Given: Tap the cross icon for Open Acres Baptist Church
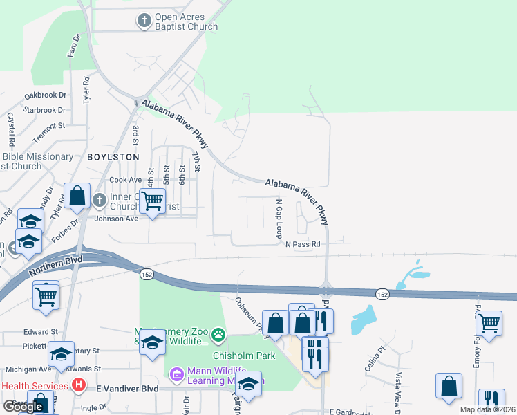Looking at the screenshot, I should click(144, 21).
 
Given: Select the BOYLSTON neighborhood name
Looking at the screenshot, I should click(113, 158).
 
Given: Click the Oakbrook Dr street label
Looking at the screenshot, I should click(45, 95).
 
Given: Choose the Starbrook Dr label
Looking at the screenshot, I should click(44, 110).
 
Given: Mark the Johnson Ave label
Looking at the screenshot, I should click(116, 219).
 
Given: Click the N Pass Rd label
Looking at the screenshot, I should click(303, 244).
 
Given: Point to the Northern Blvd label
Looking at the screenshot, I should click(56, 266).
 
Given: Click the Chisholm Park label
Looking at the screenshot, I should click(244, 356).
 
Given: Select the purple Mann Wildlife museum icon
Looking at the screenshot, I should click(177, 375).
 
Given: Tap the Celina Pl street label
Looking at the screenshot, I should click(374, 360).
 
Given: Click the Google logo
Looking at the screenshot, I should click(23, 406).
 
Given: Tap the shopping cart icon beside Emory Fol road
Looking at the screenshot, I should click(489, 322).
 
